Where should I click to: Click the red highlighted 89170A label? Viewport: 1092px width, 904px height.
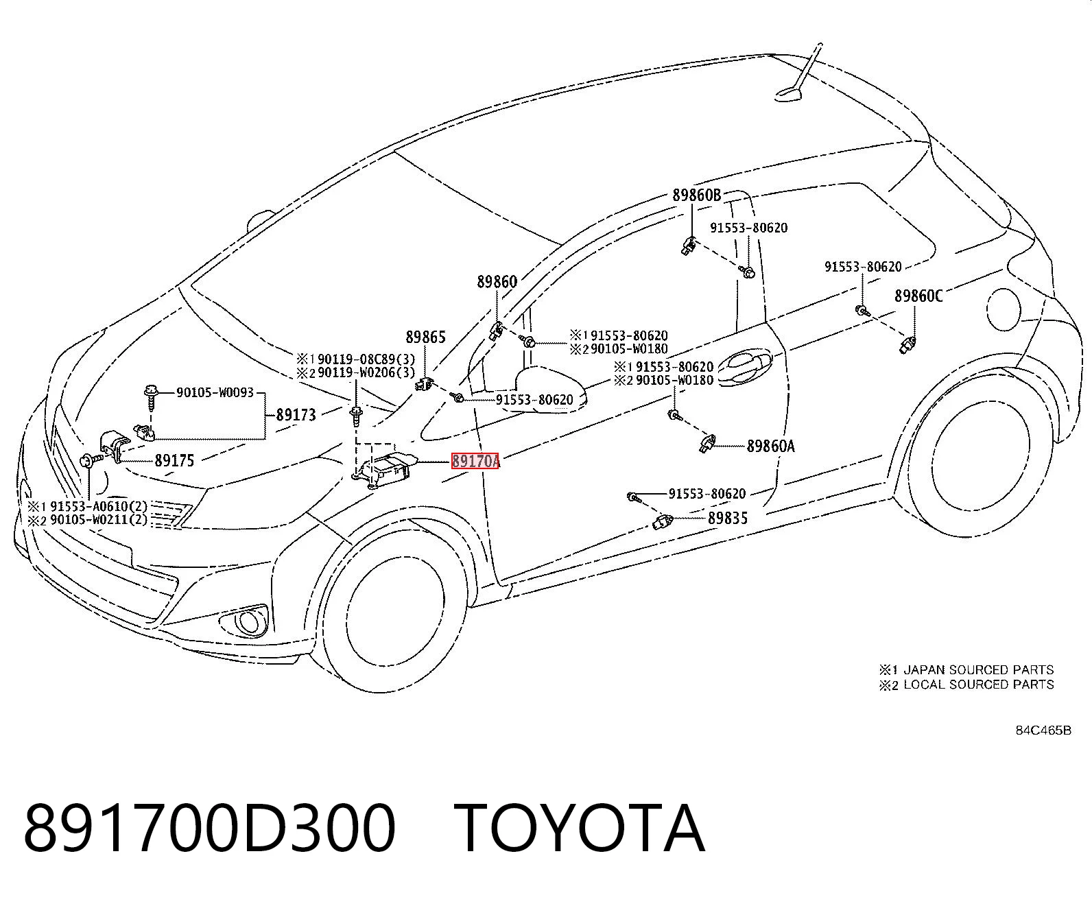pos(475,461)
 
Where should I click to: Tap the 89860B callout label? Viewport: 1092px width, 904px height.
pos(697,195)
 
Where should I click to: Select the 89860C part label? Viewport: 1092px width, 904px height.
pos(918,296)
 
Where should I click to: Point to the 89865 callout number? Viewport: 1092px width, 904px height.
pos(426,337)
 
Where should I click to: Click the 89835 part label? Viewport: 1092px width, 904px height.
pos(728,518)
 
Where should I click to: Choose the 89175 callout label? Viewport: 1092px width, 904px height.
pos(174,460)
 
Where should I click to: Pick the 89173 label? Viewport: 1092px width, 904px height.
pos(296,415)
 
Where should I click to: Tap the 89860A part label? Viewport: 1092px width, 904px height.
pos(770,447)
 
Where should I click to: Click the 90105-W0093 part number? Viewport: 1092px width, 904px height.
pos(215,392)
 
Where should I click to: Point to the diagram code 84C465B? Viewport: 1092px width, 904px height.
pos(1043,730)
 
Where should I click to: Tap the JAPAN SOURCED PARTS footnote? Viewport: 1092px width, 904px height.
pos(966,669)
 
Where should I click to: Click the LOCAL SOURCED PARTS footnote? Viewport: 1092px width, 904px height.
pos(966,685)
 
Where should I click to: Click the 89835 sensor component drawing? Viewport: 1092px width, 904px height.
pos(663,521)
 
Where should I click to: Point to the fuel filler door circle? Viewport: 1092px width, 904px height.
pos(1003,309)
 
